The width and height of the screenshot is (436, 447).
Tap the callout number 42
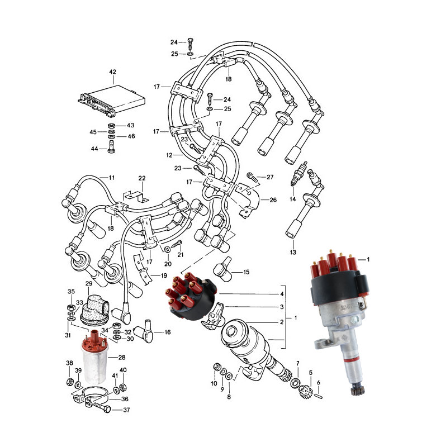point(113,72)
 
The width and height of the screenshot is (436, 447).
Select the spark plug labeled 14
point(298,174)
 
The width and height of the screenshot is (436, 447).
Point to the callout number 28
point(122,357)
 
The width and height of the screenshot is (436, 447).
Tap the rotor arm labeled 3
point(212,316)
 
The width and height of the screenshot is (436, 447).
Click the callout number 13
point(293,252)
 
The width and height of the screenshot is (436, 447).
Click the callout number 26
point(273,200)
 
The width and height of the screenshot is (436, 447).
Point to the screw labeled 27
point(252,176)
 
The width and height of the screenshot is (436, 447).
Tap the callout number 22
point(142,178)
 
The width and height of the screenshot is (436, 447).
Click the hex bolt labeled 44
point(111,147)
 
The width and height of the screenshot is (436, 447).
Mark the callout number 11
point(111,178)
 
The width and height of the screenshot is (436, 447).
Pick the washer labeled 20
point(168,249)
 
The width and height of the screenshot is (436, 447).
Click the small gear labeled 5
point(305,391)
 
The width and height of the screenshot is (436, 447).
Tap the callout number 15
point(246,272)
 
